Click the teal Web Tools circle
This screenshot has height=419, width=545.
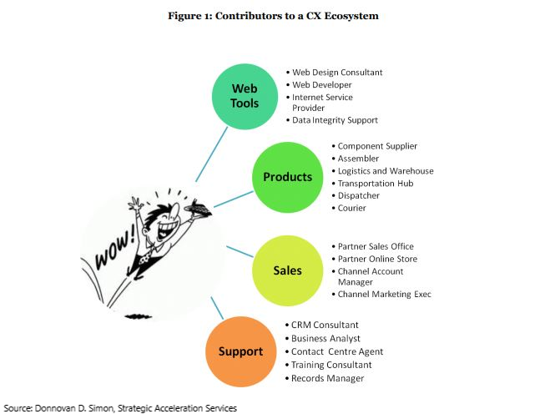[245, 96]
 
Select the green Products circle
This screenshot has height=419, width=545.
[287, 177]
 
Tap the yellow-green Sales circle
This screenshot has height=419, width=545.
[287, 270]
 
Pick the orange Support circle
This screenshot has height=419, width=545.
[240, 351]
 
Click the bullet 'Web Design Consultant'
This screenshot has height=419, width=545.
[337, 73]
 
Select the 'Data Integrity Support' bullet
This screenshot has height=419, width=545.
[335, 120]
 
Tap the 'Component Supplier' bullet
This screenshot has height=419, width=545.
[377, 146]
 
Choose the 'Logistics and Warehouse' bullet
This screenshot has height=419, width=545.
[385, 171]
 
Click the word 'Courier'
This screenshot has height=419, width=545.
[351, 208]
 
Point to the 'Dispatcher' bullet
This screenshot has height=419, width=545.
[358, 195]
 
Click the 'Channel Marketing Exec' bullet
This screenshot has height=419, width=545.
[384, 294]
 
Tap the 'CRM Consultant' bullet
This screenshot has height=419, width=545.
[325, 325]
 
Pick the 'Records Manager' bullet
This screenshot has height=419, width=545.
[327, 378]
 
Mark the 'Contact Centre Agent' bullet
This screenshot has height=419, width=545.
[337, 351]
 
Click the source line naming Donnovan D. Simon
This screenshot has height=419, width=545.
[119, 408]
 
